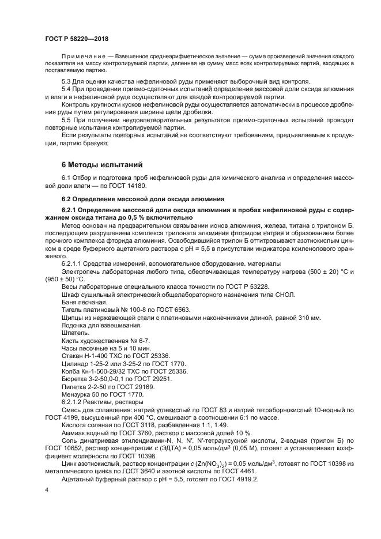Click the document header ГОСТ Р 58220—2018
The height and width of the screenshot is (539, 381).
(x=76, y=38)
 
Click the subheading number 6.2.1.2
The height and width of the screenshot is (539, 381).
(x=74, y=401)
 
